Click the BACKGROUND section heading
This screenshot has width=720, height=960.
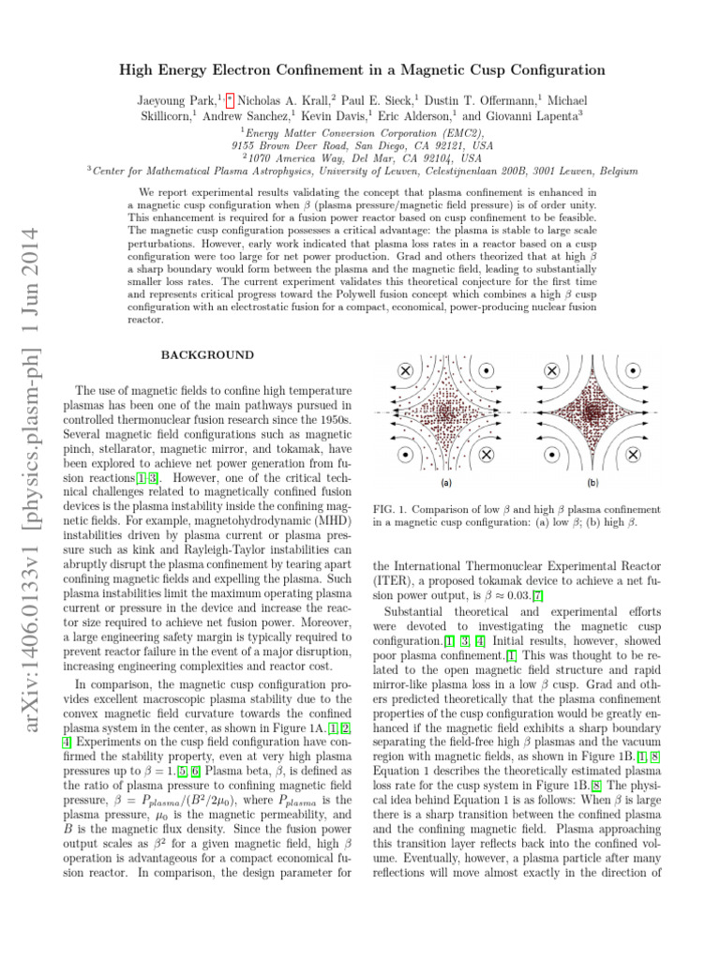207,355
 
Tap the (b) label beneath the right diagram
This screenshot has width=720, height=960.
592,484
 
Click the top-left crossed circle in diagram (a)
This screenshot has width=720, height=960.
405,369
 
